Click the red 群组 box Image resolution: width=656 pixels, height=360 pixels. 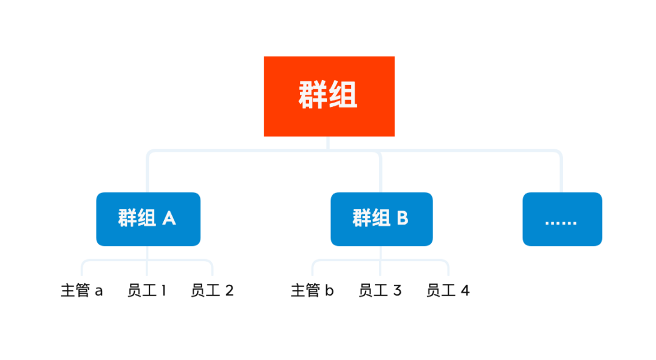coord(329,96)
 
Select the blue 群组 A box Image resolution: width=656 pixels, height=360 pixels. coord(148,219)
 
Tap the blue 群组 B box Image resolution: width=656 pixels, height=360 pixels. coord(381,219)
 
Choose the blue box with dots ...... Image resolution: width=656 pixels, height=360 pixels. coord(562,219)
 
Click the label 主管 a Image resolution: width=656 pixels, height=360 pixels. coord(82,291)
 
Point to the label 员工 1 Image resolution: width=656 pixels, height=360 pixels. coord(146,291)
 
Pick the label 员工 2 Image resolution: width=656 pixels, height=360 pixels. coord(212,291)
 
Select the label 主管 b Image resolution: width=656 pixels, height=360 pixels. coord(312,291)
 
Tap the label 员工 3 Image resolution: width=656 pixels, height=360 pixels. coord(380,291)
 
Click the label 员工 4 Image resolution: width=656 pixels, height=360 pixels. coord(448,291)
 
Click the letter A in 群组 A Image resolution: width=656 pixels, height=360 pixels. coord(169,218)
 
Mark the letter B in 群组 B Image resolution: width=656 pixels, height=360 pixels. coord(402,218)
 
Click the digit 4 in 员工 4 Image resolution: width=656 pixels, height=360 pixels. coord(465,291)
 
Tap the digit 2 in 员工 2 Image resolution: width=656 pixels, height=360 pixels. coord(229,291)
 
